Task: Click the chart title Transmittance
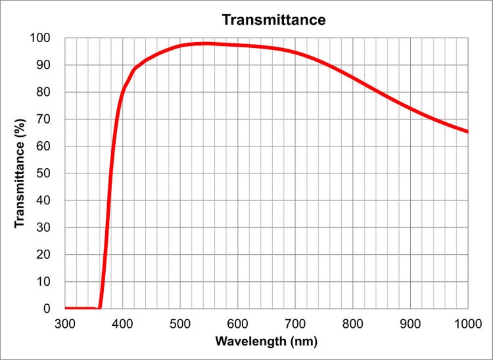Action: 273,20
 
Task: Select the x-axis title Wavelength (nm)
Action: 267,342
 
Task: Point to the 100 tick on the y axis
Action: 41,38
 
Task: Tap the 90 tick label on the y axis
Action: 44,65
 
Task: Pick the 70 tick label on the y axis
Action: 44,120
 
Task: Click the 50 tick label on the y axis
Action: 44,173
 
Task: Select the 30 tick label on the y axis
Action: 44,227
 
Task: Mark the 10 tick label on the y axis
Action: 44,282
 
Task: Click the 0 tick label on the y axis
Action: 47,309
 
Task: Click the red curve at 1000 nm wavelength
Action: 467,131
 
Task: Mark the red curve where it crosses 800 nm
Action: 353,78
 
